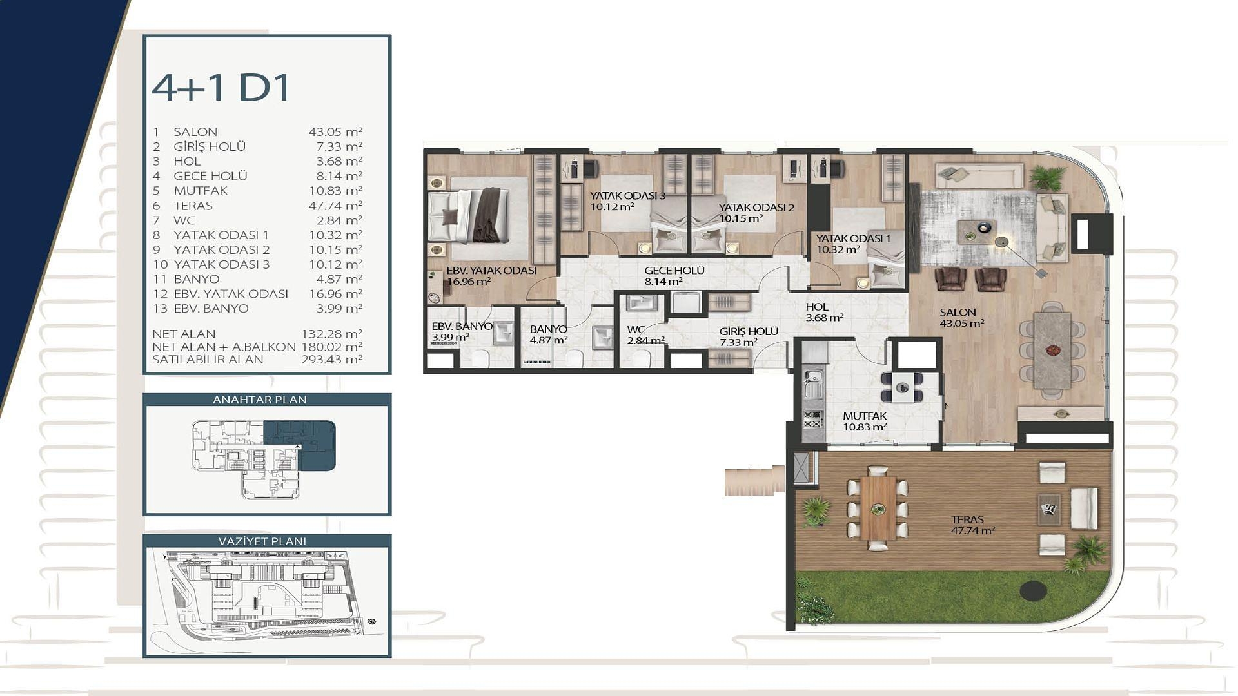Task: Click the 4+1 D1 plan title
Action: (221, 88)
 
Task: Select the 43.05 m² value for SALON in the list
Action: (335, 131)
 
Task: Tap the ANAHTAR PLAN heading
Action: (260, 400)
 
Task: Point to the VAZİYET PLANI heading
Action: (262, 541)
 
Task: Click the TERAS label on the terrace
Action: (967, 519)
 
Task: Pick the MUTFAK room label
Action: (865, 416)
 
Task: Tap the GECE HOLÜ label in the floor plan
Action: (674, 271)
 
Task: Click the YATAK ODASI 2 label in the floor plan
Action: (756, 208)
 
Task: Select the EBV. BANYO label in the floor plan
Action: (462, 326)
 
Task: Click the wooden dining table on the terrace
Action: (878, 508)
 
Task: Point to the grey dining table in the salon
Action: (1052, 350)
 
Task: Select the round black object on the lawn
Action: (1033, 590)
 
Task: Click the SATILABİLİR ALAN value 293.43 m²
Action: (331, 360)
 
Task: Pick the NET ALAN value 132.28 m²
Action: (331, 334)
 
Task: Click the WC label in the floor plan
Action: (636, 330)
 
